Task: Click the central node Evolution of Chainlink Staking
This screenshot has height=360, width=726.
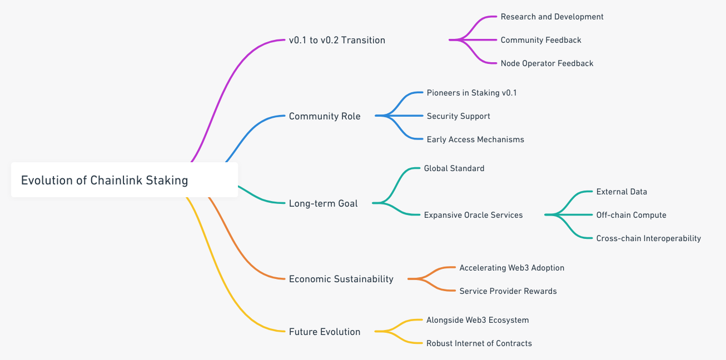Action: (x=125, y=180)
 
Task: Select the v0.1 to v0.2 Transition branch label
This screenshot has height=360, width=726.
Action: (x=337, y=40)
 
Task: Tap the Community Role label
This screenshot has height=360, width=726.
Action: (x=325, y=116)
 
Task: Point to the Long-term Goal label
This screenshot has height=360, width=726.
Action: (x=323, y=203)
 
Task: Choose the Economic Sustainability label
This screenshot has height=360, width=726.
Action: (x=341, y=279)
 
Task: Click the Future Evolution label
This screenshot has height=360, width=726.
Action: (x=325, y=332)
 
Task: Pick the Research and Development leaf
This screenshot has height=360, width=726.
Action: (x=552, y=17)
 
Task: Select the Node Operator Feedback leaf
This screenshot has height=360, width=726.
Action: (x=547, y=63)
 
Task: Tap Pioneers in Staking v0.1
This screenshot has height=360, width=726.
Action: (x=471, y=93)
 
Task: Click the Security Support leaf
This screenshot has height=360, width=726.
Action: (x=458, y=116)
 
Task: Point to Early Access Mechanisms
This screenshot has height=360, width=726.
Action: (x=475, y=139)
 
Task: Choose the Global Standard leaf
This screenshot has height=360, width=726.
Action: (x=454, y=168)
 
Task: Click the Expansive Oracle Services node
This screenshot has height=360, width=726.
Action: (x=473, y=215)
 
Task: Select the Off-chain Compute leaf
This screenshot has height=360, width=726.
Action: (x=631, y=215)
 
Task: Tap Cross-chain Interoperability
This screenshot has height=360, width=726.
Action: (x=649, y=238)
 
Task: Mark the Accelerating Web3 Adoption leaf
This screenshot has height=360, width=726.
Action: (x=512, y=268)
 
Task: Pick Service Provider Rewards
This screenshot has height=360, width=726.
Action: (x=508, y=291)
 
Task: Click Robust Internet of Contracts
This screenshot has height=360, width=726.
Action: (x=479, y=343)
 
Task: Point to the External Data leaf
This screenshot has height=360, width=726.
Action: (x=621, y=192)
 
